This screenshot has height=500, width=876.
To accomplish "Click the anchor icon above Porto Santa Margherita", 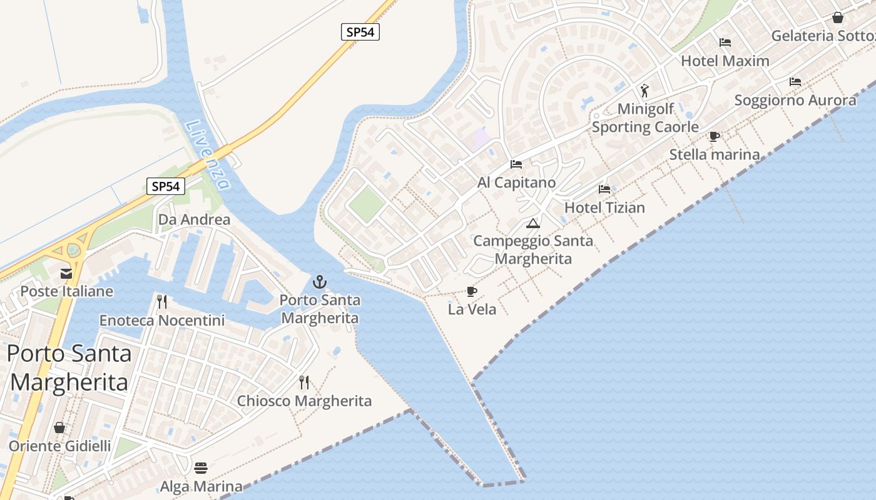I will point(320,282).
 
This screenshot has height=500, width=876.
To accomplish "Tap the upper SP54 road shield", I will point(360,32).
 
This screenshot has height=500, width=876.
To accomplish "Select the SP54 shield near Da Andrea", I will point(166,186).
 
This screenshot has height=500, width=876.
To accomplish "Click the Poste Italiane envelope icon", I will point(66,273).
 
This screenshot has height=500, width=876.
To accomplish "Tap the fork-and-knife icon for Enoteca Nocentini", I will point(162,302).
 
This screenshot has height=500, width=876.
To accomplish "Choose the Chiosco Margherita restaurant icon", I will point(304,382).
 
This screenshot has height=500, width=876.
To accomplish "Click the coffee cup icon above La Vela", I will point(472,291).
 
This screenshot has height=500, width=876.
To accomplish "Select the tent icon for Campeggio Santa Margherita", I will point(532,223).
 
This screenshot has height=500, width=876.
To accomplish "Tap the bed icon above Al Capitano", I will point(516,164).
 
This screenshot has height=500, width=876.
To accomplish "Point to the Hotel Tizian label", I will point(604,207).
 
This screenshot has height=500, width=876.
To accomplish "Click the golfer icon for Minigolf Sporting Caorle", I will point(644,91).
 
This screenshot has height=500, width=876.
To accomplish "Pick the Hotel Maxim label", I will point(725,61).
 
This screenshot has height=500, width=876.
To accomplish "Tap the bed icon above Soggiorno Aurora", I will point(795,82).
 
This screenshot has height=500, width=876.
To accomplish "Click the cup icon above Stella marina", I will point(715,136).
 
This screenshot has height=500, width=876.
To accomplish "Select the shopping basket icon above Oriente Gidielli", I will point(59,427).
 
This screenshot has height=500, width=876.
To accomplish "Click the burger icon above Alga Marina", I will point(201,467).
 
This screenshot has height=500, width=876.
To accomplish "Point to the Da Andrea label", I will point(194,220).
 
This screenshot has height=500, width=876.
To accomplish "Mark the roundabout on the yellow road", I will point(73,250).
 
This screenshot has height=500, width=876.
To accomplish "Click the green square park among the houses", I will point(366,204).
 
